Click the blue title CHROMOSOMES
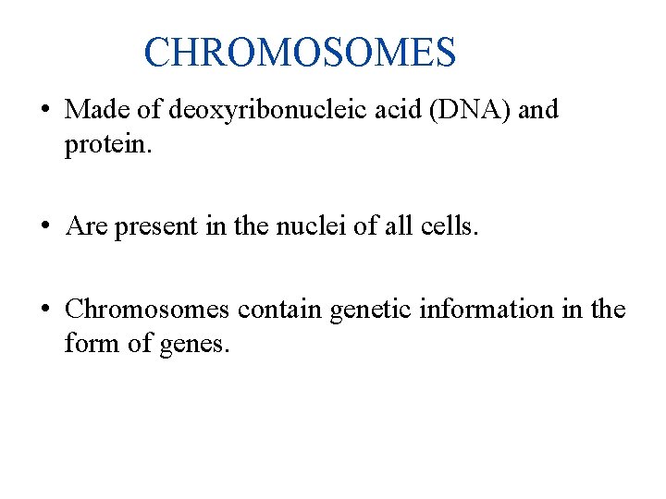(300, 53)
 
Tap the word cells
(449, 226)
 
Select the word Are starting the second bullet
(87, 226)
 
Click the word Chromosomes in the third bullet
(147, 309)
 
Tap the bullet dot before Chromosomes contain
(44, 310)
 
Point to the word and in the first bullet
(538, 110)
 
